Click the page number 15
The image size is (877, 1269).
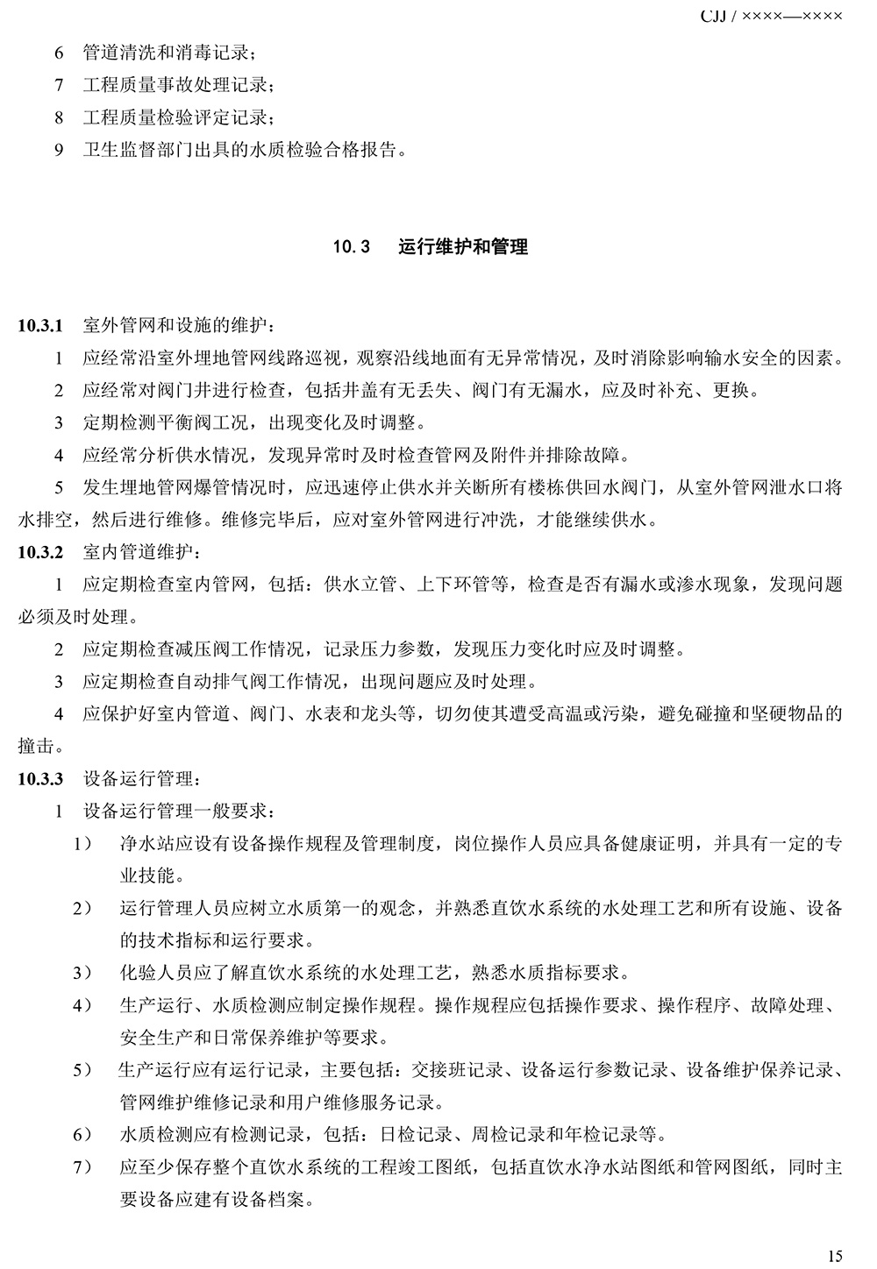(x=834, y=1256)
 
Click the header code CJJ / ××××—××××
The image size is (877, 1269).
(x=772, y=15)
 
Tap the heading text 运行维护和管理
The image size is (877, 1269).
(x=463, y=247)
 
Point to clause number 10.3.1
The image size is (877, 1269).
(x=40, y=326)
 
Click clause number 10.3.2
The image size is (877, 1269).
(x=40, y=552)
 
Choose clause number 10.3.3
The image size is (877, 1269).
(x=40, y=778)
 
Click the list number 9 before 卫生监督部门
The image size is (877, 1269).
(x=59, y=150)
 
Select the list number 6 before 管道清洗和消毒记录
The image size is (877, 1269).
(x=59, y=53)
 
